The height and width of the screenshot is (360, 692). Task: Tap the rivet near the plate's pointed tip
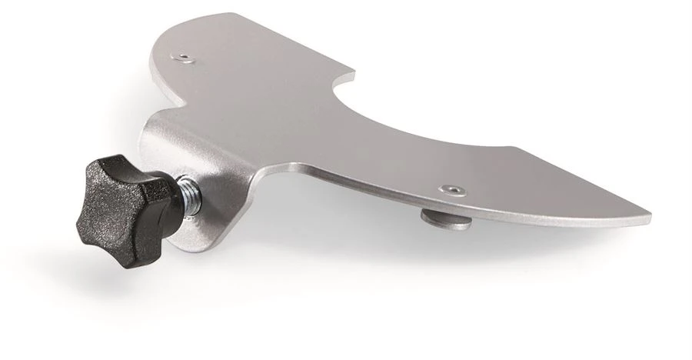(450, 189)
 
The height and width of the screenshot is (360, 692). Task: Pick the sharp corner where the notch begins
(354, 75)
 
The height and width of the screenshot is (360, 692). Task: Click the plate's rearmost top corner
(231, 14)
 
